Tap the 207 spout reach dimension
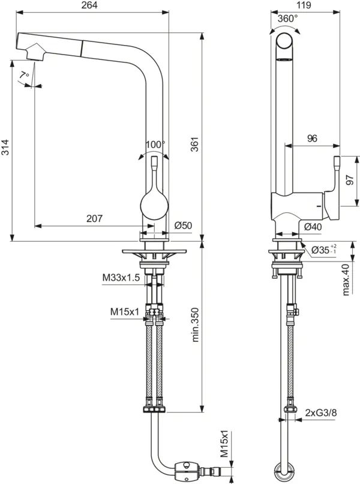click(x=94, y=219)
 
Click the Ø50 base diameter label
click(x=182, y=226)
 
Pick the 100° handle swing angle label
click(x=155, y=145)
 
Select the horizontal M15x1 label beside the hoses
click(x=124, y=312)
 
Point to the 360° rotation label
click(x=287, y=19)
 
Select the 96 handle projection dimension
click(x=312, y=139)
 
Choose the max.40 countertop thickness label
click(x=346, y=280)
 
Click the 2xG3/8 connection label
click(x=320, y=413)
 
